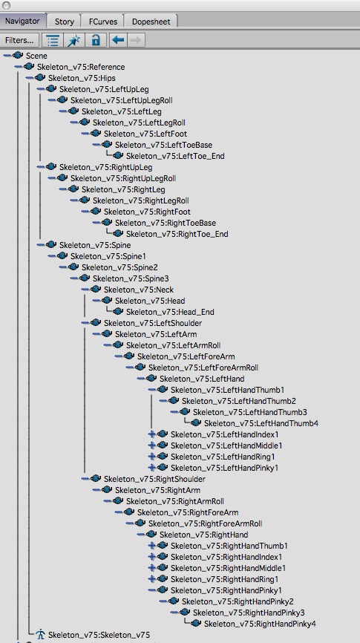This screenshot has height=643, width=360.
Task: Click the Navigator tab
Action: pyautogui.click(x=22, y=21)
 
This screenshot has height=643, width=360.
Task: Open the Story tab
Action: pyautogui.click(x=65, y=22)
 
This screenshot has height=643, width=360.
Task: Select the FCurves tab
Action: pyautogui.click(x=104, y=22)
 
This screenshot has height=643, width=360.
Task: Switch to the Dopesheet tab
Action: pyautogui.click(x=151, y=22)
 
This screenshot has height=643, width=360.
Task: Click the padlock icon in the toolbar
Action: pyautogui.click(x=96, y=40)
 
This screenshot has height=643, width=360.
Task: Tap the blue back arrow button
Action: pyautogui.click(x=118, y=40)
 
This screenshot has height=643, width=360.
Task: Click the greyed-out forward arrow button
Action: pyautogui.click(x=136, y=40)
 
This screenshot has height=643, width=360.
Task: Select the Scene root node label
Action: pyautogui.click(x=36, y=56)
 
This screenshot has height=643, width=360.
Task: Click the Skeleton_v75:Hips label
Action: pyautogui.click(x=79, y=78)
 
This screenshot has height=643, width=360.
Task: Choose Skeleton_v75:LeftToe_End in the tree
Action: pyautogui.click(x=175, y=156)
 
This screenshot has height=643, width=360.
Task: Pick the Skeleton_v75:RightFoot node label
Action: pyautogui.click(x=147, y=212)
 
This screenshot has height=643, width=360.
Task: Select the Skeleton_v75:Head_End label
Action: pyautogui.click(x=170, y=312)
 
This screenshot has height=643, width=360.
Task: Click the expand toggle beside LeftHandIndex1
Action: pyautogui.click(x=151, y=434)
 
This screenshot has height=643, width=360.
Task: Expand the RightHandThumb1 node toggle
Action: pyautogui.click(x=151, y=546)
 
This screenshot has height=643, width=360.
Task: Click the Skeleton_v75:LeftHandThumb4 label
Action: pyautogui.click(x=261, y=423)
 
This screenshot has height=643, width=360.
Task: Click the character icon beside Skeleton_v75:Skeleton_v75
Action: pyautogui.click(x=40, y=634)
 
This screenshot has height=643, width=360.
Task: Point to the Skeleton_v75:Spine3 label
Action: pyautogui.click(x=131, y=278)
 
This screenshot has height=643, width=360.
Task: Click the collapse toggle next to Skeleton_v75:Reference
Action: pyautogui.click(x=18, y=66)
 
